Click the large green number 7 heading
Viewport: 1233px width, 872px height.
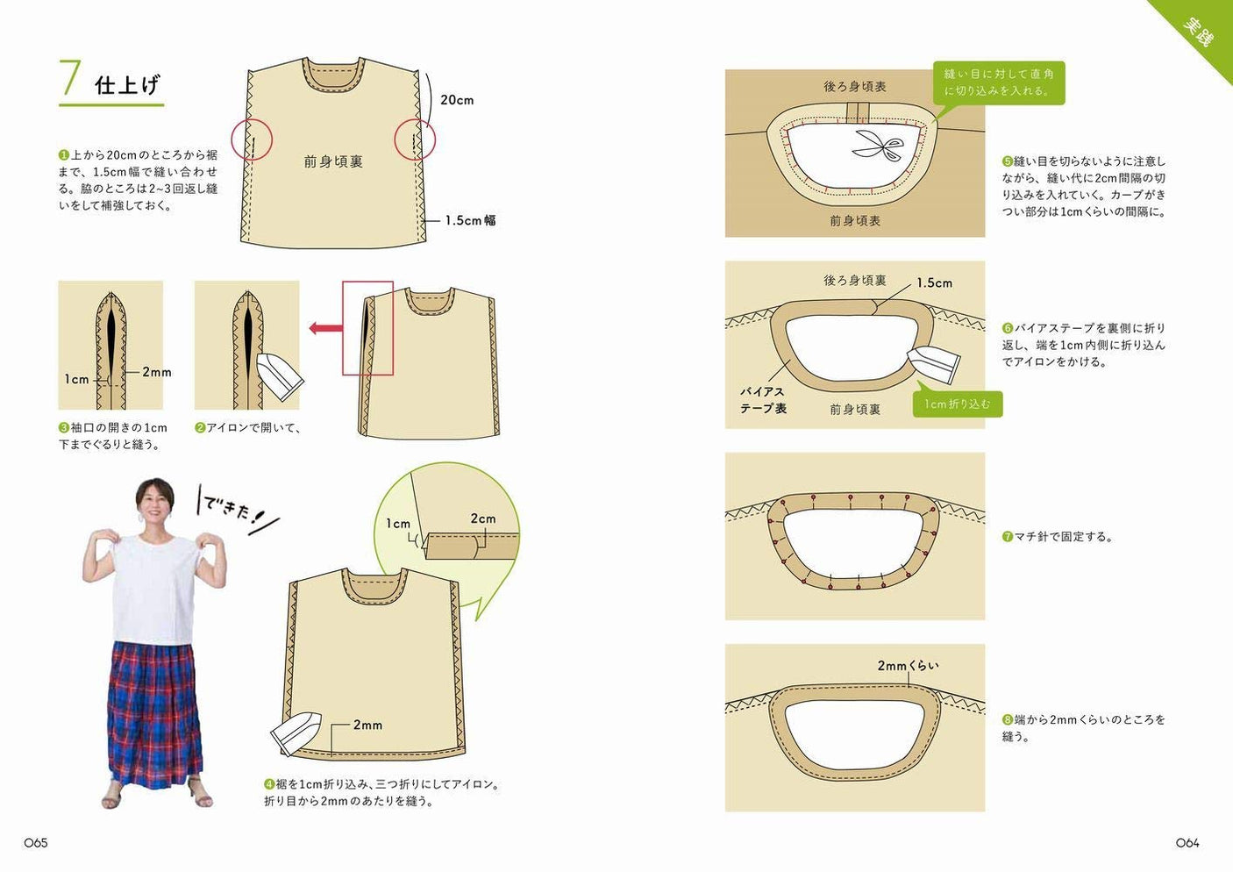[x=70, y=80]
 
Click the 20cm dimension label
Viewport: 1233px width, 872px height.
[x=457, y=100]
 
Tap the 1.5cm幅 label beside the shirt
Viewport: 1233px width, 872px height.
[x=470, y=220]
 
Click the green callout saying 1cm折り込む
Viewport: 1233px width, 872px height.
[x=957, y=404]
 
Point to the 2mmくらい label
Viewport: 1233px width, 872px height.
[x=908, y=666]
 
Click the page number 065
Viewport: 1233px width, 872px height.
[x=36, y=842]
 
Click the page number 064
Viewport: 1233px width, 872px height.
[x=1187, y=842]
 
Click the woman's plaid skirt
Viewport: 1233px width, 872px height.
[x=154, y=711]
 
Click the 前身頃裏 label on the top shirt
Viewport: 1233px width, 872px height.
[x=333, y=161]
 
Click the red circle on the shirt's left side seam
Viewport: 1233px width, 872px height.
[x=252, y=140]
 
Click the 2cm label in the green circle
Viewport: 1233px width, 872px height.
[x=482, y=518]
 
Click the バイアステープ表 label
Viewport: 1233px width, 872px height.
[x=763, y=400]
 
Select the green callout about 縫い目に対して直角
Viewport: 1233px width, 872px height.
[x=999, y=82]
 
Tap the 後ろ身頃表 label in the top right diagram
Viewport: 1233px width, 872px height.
[x=854, y=86]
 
